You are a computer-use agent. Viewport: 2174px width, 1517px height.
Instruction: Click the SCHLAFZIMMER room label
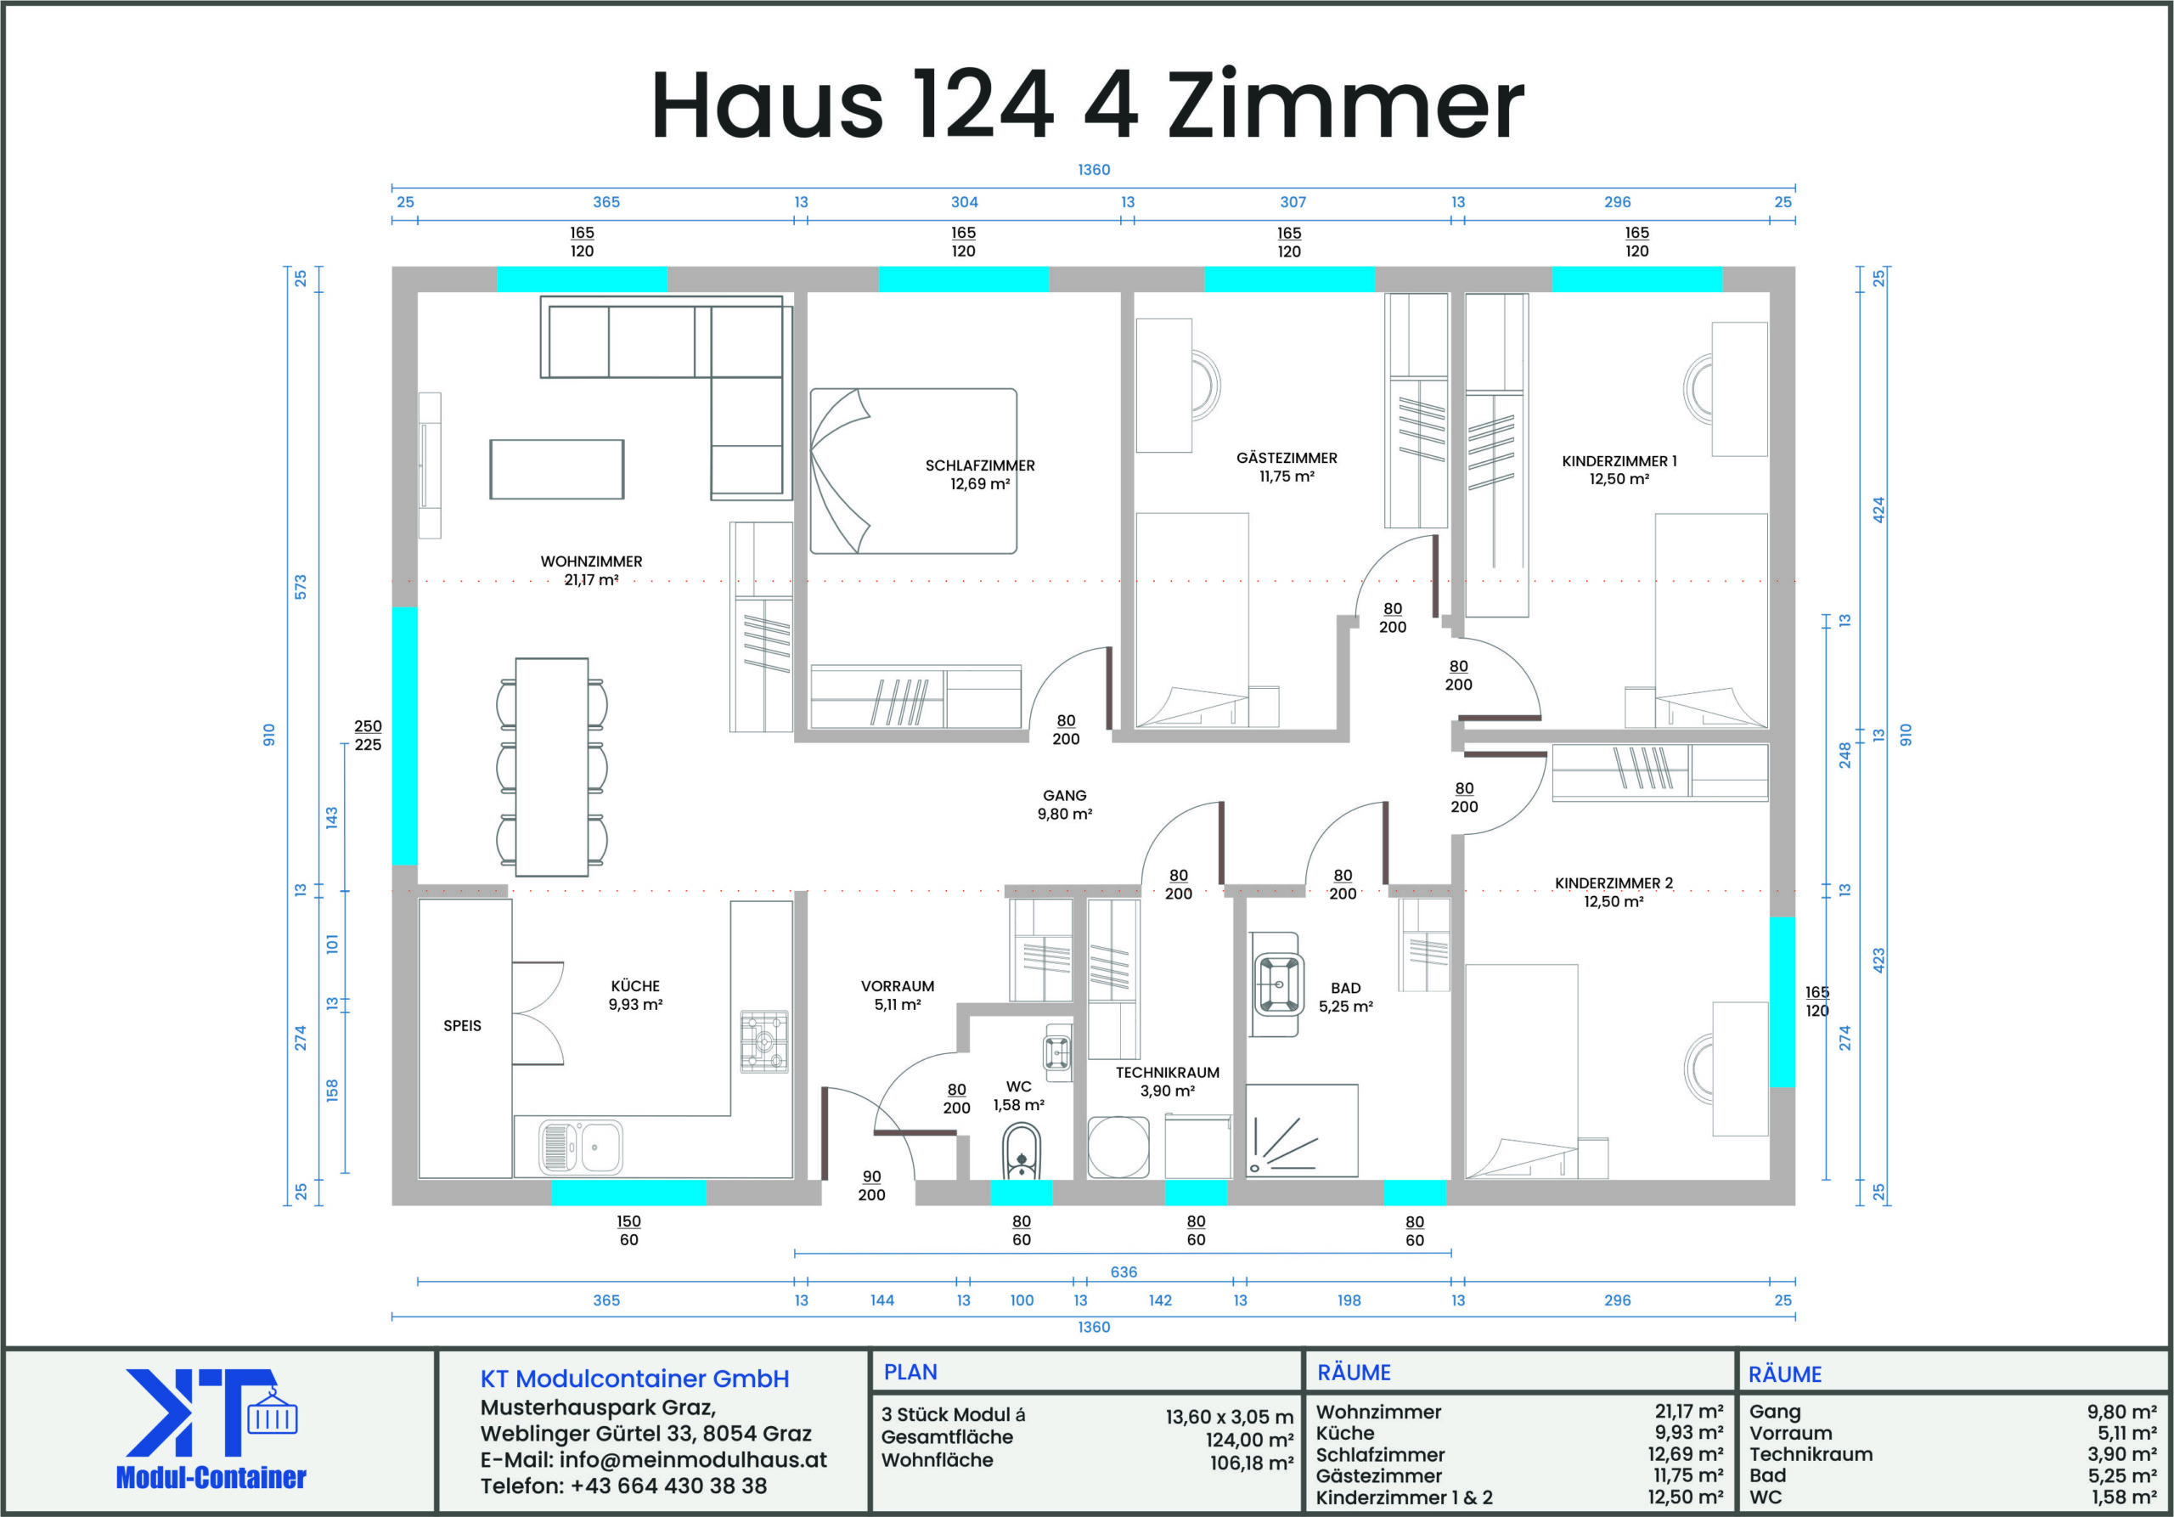coord(980,466)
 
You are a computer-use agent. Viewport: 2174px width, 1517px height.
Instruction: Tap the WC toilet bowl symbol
coord(1021,1152)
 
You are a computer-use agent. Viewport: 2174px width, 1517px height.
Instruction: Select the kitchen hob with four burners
coord(764,1041)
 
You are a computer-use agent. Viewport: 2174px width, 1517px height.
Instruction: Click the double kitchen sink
coord(580,1147)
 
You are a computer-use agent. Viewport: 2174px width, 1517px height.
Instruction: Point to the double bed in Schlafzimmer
coord(913,471)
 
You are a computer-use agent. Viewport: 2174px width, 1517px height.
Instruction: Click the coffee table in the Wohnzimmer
coord(557,469)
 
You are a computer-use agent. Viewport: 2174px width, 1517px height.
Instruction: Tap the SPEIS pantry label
coord(462,1025)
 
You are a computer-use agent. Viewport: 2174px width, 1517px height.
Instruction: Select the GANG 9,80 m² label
coord(1065,805)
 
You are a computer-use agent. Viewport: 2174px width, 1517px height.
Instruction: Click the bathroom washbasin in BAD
coord(1276,984)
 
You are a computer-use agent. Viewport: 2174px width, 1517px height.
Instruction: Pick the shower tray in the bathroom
coord(1302,1131)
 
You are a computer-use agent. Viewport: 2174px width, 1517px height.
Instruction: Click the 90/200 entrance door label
coord(872,1186)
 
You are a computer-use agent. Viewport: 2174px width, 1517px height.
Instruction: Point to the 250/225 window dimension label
coord(369,736)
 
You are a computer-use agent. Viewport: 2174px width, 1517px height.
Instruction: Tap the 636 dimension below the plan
coord(1124,1272)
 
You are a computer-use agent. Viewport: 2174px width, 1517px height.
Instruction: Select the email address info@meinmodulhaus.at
coord(693,1459)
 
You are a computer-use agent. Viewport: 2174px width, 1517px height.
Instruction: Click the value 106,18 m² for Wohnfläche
coord(1251,1463)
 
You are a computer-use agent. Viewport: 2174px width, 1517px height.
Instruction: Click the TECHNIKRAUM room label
coord(1168,1073)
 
